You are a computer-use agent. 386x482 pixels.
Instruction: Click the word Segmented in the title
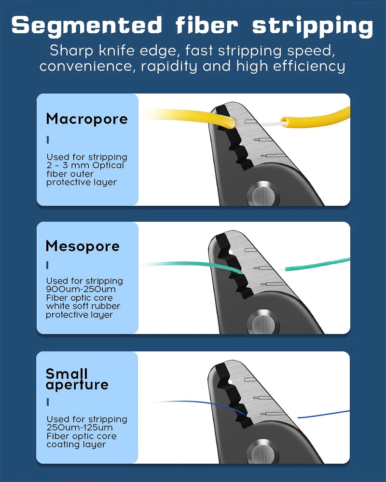pos(87,26)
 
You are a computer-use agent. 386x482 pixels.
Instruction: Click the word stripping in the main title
pos(313,26)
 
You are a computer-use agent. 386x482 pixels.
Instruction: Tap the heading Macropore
pos(87,119)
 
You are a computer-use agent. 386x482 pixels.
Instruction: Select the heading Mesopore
pos(83,246)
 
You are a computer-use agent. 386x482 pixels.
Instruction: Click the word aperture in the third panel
pos(77,385)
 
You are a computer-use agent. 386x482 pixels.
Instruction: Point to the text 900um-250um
pos(81,289)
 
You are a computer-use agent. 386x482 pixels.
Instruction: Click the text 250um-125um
pos(80,428)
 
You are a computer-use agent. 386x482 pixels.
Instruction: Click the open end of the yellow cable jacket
pos(284,122)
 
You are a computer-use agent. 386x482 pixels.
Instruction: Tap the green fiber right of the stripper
pos(317,264)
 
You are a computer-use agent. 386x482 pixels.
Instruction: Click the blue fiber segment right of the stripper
pos(323,414)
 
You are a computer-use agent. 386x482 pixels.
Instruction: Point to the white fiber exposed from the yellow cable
pos(270,123)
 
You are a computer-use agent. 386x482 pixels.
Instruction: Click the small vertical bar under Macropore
pos(48,140)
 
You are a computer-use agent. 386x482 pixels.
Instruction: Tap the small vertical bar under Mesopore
pos(47,265)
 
